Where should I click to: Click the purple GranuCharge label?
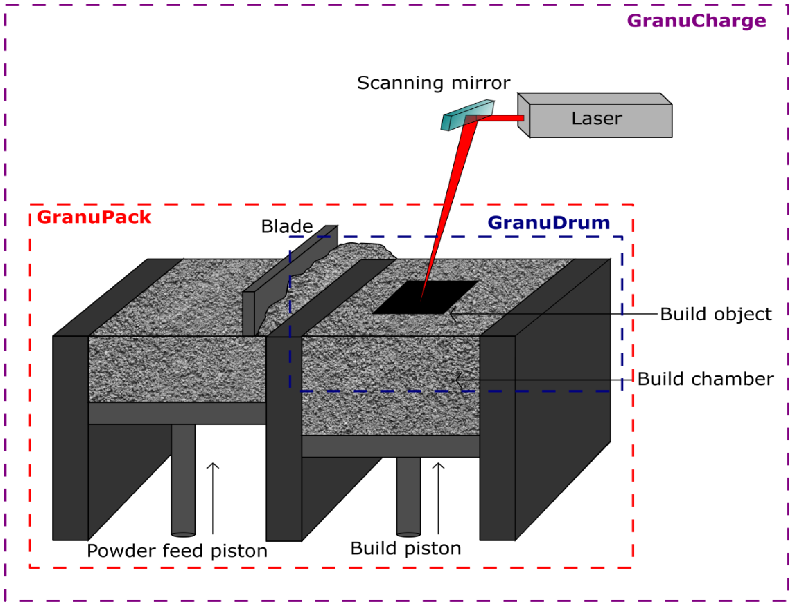coord(696,21)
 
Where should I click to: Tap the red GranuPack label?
coord(94,217)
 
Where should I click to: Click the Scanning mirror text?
coord(433,83)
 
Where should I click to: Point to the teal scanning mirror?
coord(468,115)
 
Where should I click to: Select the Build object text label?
coord(715,314)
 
